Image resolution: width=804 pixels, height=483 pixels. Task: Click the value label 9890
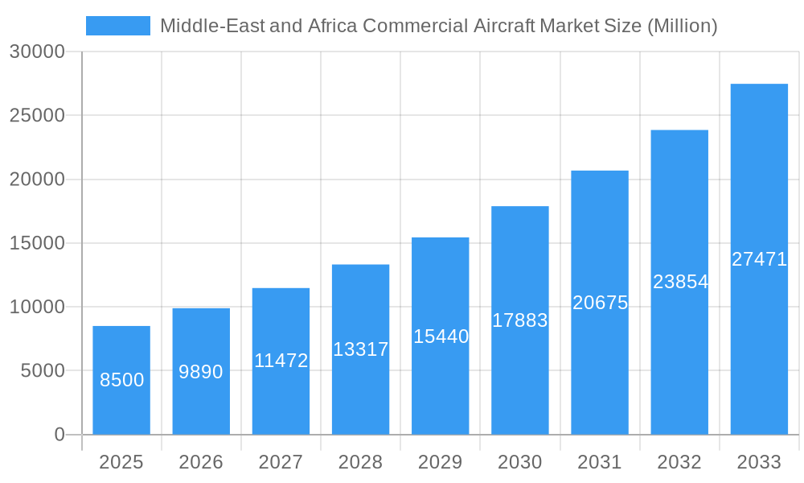point(201,372)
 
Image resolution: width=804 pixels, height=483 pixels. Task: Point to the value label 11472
point(281,361)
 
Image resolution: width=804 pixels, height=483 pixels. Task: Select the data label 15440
point(441,336)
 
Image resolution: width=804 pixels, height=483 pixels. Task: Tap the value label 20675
point(600,303)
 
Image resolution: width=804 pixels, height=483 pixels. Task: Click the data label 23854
point(680,282)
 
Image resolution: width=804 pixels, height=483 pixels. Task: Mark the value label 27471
point(759,259)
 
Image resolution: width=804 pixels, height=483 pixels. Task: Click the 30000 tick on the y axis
point(37,52)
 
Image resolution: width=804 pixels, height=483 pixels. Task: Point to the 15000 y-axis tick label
point(37,243)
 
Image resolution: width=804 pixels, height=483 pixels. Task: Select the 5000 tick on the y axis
point(43,371)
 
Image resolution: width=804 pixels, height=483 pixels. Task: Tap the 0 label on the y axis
point(59,435)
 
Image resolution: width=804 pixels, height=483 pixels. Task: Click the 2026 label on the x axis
point(201,462)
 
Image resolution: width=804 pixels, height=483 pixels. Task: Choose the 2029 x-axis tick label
point(441,462)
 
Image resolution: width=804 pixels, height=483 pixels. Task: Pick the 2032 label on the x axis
point(679,462)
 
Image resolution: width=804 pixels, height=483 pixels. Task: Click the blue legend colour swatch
point(118,26)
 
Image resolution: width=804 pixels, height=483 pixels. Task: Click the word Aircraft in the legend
point(504,26)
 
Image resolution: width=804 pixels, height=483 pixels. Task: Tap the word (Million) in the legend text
point(682,26)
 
